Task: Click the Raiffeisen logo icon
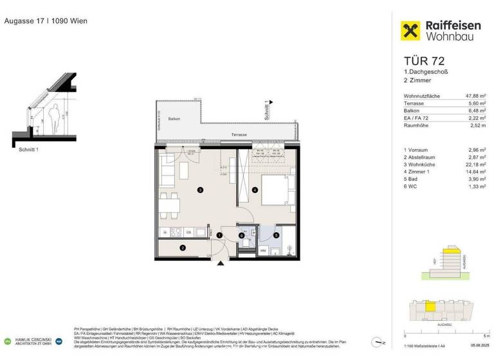[410, 31]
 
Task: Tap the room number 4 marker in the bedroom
[255, 190]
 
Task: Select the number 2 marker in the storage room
[183, 248]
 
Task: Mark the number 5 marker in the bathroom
[276, 235]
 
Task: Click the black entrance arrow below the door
[221, 262]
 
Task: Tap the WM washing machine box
[262, 249]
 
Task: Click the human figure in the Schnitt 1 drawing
[55, 116]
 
